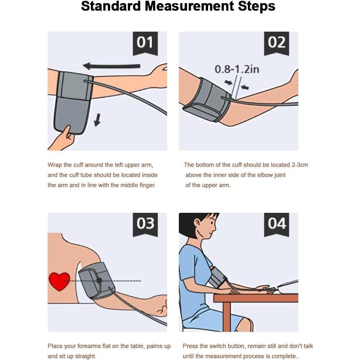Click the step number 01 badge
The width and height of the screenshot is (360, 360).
(x=145, y=43)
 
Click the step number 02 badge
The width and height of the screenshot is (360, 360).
(x=276, y=43)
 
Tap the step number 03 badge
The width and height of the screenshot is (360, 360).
(x=145, y=224)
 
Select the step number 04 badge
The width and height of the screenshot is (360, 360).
(x=276, y=224)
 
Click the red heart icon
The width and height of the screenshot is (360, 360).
(x=59, y=281)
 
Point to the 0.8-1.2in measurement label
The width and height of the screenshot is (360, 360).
(x=237, y=69)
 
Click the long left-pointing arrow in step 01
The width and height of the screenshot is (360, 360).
(x=111, y=66)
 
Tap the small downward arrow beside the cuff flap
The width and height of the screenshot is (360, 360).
(x=98, y=120)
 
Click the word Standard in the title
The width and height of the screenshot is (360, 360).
(x=110, y=6)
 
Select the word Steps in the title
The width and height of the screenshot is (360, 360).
(x=257, y=6)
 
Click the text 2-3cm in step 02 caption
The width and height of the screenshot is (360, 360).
(x=300, y=165)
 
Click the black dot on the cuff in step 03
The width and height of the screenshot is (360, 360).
(x=99, y=280)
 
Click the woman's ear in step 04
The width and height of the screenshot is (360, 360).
(x=197, y=223)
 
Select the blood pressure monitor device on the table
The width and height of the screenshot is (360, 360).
(x=288, y=287)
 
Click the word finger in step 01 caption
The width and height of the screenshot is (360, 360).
(x=148, y=185)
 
